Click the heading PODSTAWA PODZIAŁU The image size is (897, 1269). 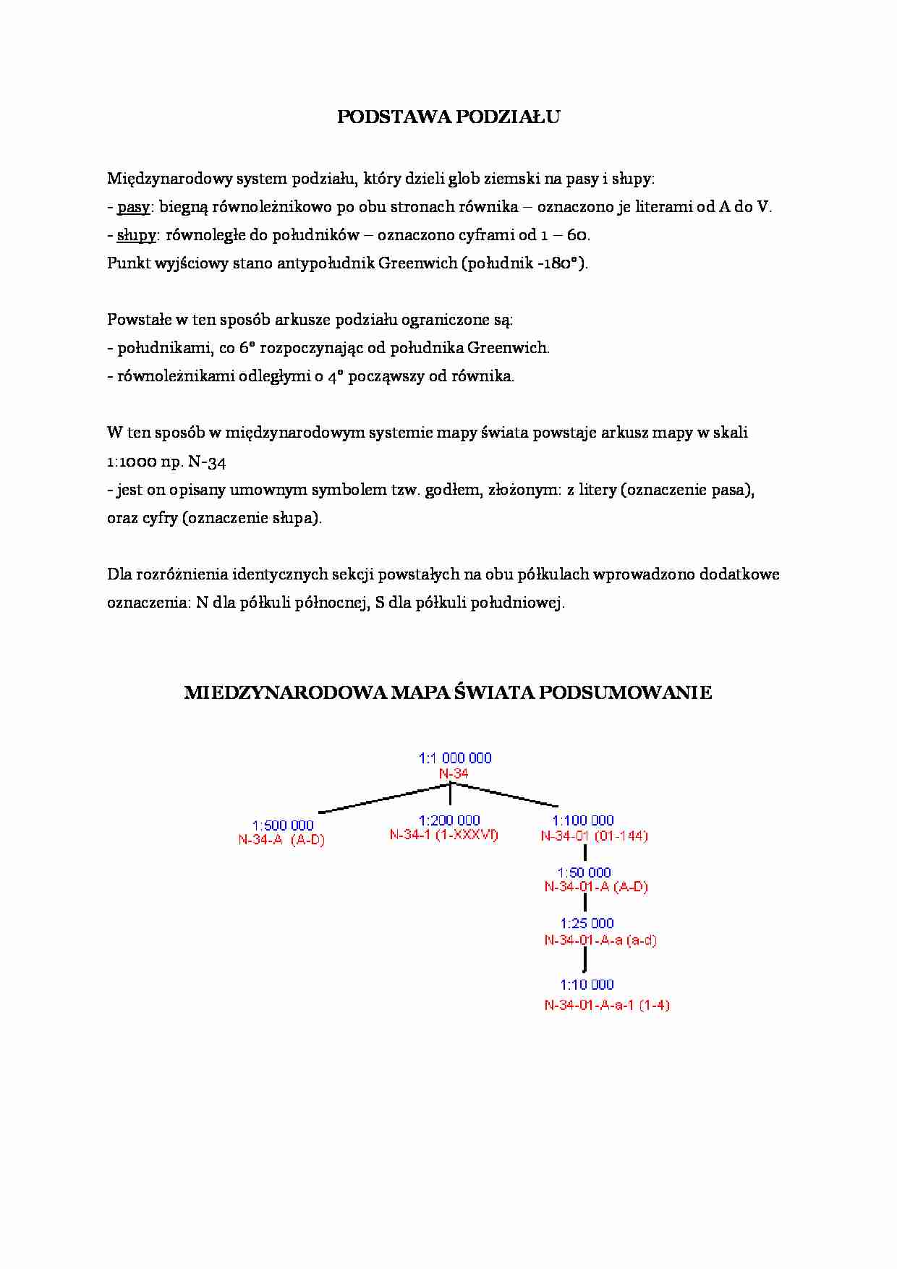(448, 117)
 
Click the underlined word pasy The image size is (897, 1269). (133, 207)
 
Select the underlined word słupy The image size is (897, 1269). (136, 235)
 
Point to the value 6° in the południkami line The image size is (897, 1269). (247, 348)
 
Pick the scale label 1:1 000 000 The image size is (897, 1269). (455, 758)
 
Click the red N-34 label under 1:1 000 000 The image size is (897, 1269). (454, 773)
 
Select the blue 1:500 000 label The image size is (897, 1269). (283, 826)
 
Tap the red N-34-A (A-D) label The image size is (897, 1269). (281, 840)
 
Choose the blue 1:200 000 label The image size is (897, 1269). (449, 820)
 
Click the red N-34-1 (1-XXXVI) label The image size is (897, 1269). (444, 835)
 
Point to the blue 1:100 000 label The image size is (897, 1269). (583, 820)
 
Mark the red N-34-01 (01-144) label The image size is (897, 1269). (595, 836)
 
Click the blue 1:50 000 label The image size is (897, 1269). (584, 873)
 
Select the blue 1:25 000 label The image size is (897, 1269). (587, 923)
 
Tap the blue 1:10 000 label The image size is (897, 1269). (587, 985)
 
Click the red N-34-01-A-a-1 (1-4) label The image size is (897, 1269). (607, 1005)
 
